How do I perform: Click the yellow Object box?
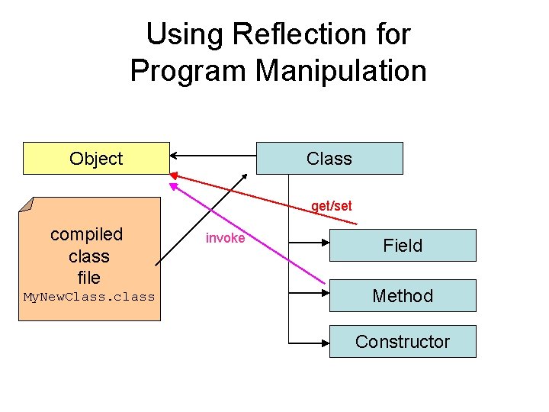coord(96,159)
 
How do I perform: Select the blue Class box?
coord(329,159)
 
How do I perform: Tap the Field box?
coord(403,246)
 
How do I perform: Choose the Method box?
coord(403,296)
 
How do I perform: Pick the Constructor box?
coord(403,342)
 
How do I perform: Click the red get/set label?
coord(331,206)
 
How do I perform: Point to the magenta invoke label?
coord(225,238)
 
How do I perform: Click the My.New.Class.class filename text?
coord(89,297)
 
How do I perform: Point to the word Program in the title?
coord(188,71)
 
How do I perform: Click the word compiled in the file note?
coord(86,234)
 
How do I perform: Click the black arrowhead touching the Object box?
coord(175,156)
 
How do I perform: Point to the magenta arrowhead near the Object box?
coord(173,185)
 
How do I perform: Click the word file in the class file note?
coord(88,277)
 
